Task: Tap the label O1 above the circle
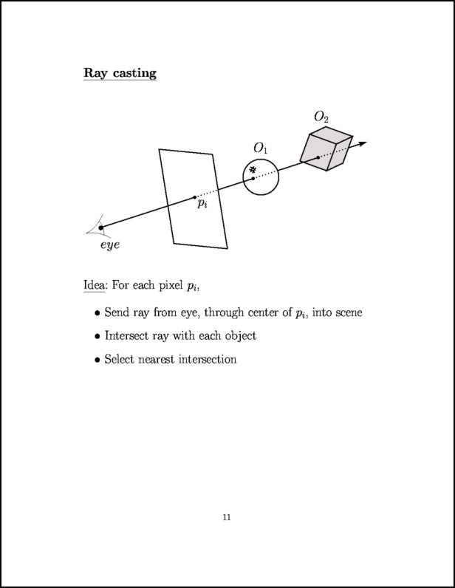(261, 148)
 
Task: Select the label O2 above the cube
(321, 117)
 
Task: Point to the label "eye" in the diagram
(110, 245)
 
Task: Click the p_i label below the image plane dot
(202, 205)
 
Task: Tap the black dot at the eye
(101, 228)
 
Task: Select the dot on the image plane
(195, 197)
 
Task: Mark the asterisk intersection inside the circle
(253, 170)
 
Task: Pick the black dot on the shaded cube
(318, 157)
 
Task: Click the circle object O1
(261, 177)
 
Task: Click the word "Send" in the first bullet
(117, 312)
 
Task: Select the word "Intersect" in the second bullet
(129, 336)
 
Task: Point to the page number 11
(227, 518)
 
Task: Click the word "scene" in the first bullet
(346, 312)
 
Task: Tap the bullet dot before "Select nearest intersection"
(97, 360)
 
